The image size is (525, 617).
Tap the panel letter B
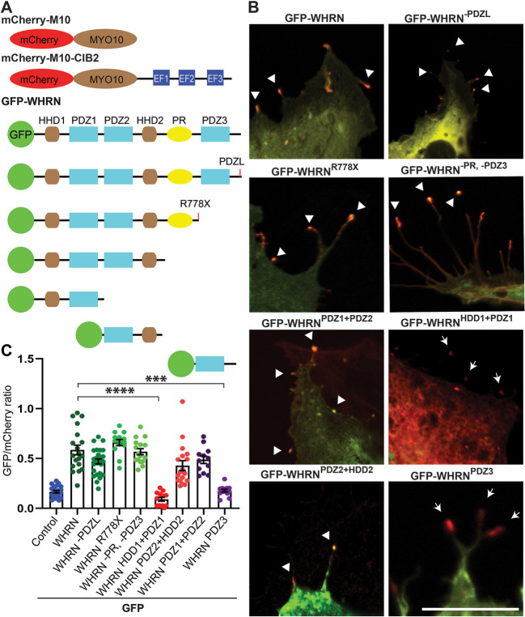[253, 7]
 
